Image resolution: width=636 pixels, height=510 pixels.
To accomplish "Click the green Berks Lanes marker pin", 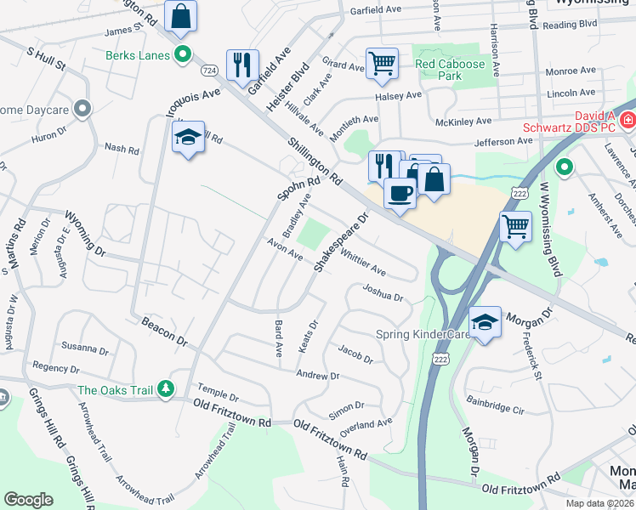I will [x=182, y=56].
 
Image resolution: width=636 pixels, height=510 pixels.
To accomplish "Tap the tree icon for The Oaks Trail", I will [x=166, y=390].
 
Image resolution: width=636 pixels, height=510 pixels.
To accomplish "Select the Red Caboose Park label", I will [x=450, y=70].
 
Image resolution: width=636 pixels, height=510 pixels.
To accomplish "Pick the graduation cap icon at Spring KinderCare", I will [x=485, y=321].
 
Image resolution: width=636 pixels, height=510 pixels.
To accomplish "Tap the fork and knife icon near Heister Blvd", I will [x=242, y=64].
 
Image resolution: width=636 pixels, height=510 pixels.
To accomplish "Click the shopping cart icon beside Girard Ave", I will [x=383, y=62].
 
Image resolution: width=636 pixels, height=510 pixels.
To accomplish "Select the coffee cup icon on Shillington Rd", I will [x=400, y=192].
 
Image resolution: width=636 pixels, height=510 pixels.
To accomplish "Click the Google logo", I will [x=28, y=500].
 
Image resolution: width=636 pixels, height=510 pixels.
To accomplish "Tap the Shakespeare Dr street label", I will [x=343, y=242].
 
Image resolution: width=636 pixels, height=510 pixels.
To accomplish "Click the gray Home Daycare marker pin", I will [x=82, y=108].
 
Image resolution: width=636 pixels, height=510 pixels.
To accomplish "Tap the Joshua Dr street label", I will [x=383, y=292].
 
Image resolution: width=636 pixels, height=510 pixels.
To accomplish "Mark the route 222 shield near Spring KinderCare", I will [x=440, y=360].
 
